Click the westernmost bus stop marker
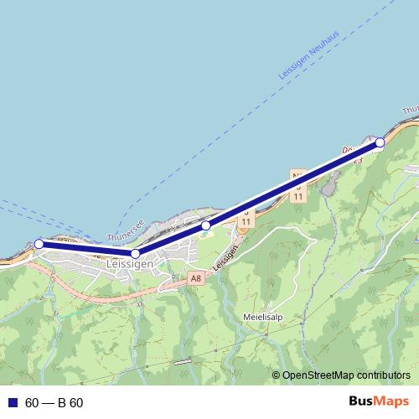point(39,244)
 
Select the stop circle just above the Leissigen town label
point(136,253)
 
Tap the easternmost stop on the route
point(380,142)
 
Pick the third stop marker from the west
point(205,225)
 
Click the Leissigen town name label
point(129,264)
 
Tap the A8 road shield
point(196,277)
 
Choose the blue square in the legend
point(13,403)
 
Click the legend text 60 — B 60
point(54,403)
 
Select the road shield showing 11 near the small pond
point(297,195)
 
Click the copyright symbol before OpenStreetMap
point(277,375)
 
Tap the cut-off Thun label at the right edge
point(410,111)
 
